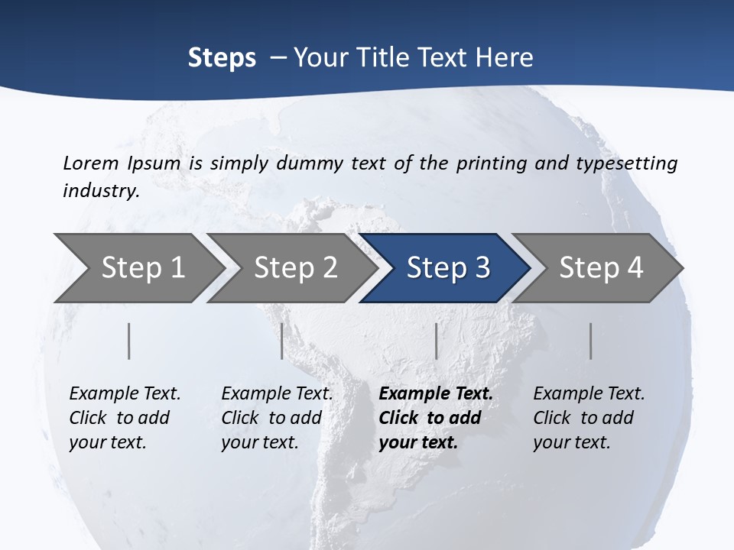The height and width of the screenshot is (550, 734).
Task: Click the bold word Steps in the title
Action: click(222, 58)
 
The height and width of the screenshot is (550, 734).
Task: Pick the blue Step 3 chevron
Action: click(443, 268)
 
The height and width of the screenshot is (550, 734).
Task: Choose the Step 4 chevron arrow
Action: click(596, 268)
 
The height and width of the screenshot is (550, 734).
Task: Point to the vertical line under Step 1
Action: click(129, 341)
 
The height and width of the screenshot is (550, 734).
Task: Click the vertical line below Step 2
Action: click(282, 341)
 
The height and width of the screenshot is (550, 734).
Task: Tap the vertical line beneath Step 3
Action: click(436, 341)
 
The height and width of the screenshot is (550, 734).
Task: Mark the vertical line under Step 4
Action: click(590, 341)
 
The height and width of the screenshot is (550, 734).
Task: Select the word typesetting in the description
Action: click(632, 163)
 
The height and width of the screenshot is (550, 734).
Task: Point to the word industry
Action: click(101, 190)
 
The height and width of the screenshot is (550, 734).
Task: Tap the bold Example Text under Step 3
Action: click(436, 393)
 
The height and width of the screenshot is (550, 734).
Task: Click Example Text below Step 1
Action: click(125, 393)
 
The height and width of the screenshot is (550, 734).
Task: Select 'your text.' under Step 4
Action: click(571, 442)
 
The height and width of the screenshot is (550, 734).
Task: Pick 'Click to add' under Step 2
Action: click(271, 418)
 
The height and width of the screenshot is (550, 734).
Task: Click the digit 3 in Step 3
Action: click(482, 268)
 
